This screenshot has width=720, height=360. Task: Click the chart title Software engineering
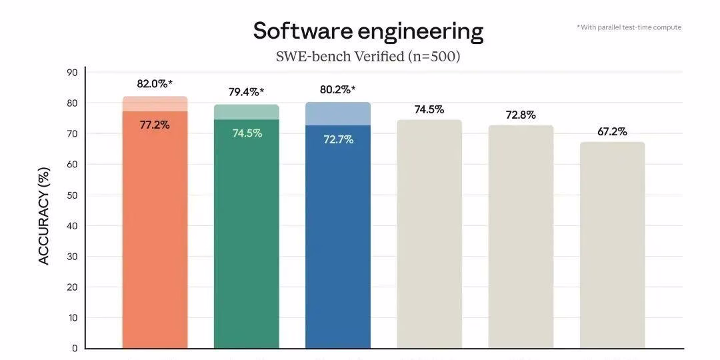pos(368,31)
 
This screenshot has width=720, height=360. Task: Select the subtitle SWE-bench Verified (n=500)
pos(368,57)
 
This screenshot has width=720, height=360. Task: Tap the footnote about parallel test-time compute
pos(629,27)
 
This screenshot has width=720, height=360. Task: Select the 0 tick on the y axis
pos(75,348)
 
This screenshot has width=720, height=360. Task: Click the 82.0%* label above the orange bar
pos(155,84)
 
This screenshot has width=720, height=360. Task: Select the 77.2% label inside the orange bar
pos(155,125)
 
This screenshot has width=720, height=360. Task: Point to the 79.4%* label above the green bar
pos(246,92)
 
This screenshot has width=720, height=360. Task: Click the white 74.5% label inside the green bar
pos(247,133)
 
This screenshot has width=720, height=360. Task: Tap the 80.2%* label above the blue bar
pos(337,89)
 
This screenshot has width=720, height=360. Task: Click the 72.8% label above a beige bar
pos(521,115)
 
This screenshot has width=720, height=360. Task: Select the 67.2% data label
pos(612,131)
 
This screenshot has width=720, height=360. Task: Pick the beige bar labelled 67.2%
pos(612,247)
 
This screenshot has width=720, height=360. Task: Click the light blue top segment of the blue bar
pos(338,114)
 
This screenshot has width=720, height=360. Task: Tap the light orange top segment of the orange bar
pos(155,104)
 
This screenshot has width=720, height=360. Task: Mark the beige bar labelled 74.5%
pos(429,233)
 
